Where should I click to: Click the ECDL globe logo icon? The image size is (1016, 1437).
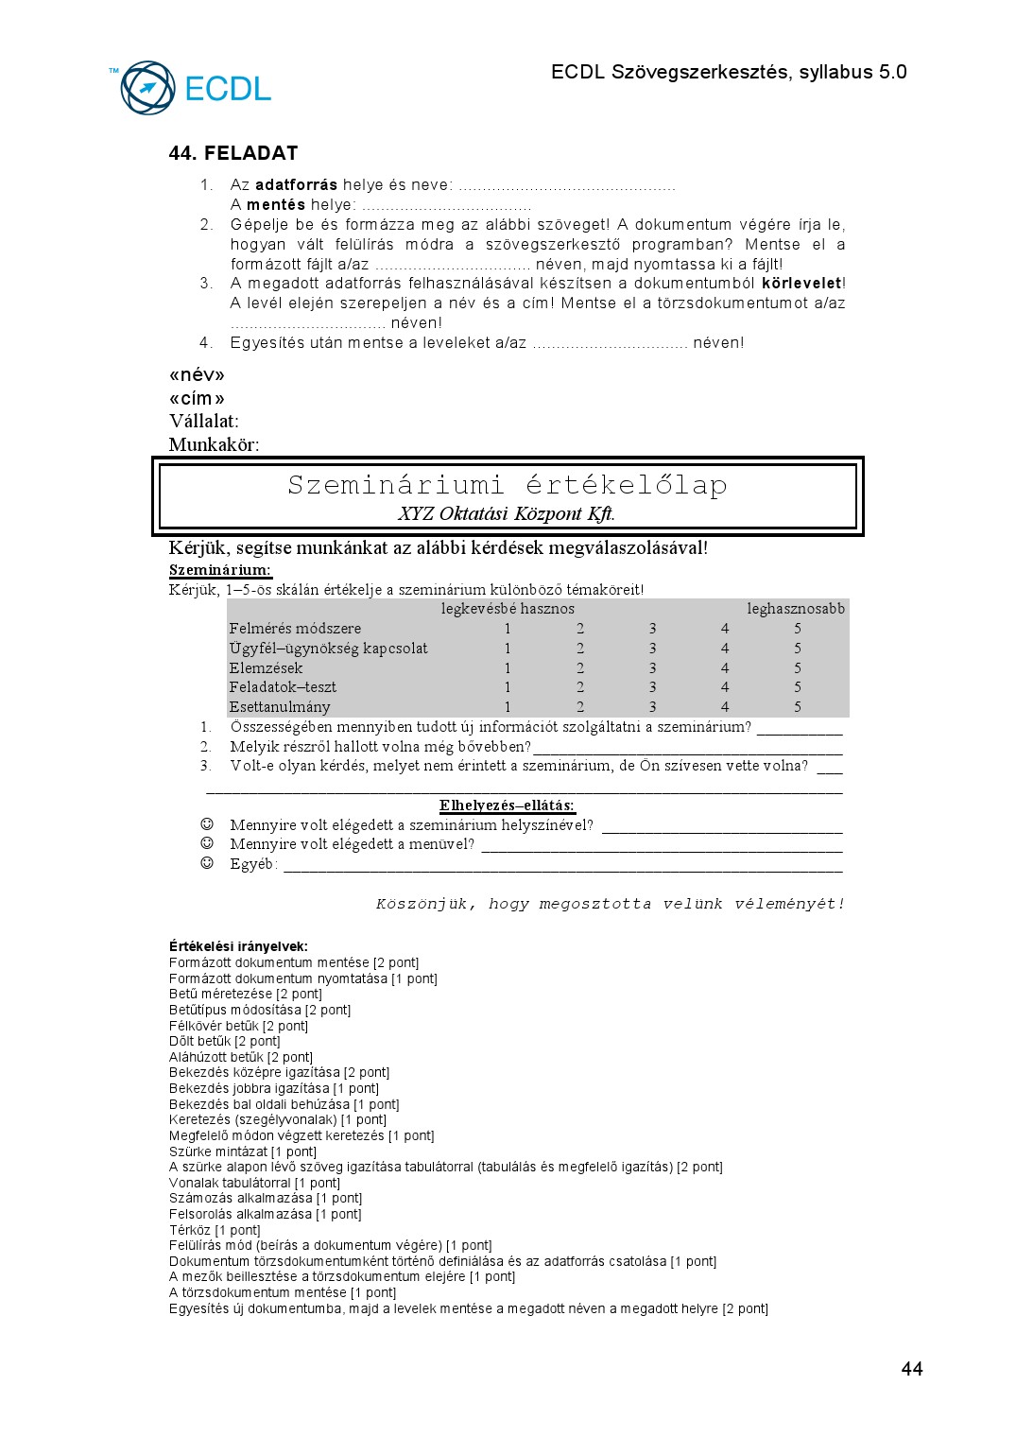[147, 88]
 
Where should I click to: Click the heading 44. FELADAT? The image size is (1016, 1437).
[233, 153]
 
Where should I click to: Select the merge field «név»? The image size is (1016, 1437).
[197, 375]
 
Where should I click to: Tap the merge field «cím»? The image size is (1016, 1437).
[197, 398]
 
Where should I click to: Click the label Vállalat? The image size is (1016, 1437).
[203, 422]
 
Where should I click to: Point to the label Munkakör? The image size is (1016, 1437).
[214, 444]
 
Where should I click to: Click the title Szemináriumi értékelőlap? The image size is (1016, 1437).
[508, 485]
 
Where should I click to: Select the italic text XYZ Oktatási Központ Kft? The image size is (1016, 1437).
[507, 513]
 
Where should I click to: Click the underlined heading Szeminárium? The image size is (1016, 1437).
[220, 570]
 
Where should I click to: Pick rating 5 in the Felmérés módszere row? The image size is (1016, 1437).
[798, 629]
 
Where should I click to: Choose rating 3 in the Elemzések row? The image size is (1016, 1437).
[652, 667]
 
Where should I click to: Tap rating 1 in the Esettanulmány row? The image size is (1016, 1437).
[508, 707]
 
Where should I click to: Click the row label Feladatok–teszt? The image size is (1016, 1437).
[283, 687]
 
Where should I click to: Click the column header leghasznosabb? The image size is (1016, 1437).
[796, 609]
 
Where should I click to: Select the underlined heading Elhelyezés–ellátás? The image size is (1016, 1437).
[507, 805]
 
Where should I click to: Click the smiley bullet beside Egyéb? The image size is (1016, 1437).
[207, 863]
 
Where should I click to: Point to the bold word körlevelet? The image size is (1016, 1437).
[801, 283]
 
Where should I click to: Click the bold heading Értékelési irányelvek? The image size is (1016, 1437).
[238, 946]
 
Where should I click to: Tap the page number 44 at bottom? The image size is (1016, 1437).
[912, 1369]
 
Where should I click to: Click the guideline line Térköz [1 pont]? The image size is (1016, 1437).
[215, 1230]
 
